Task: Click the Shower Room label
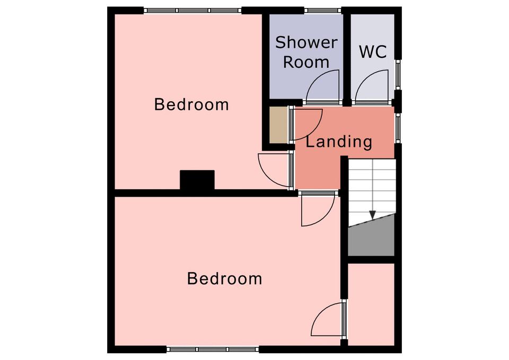coord(306,52)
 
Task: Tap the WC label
coord(373,52)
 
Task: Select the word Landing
coord(339,142)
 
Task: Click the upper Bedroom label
coord(191,104)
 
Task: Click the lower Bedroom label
coord(225,278)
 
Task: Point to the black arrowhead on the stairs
coord(372,215)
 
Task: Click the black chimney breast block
coord(197,180)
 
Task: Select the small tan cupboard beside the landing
coord(278,125)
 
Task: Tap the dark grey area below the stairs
coord(371,237)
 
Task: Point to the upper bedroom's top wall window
coord(193,11)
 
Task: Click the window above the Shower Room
coord(323,11)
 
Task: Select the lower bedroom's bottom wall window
coord(213,349)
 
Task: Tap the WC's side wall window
coord(398,74)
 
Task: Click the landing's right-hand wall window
coord(398,128)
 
